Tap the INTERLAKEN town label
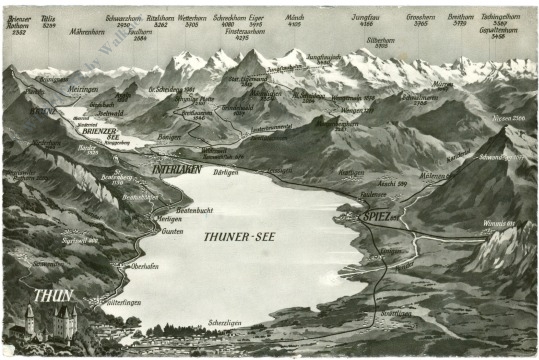(x=177, y=169)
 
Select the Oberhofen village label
(x=144, y=265)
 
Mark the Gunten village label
(x=171, y=231)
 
